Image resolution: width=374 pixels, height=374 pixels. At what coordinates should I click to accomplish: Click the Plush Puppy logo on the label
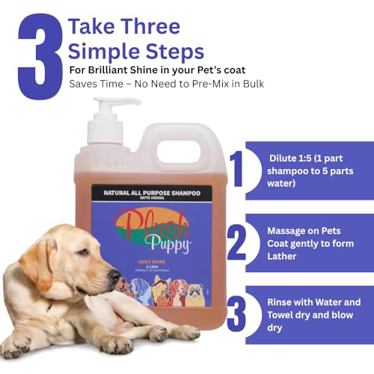click(144, 224)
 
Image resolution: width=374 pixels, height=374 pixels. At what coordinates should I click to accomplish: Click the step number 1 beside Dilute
click(238, 170)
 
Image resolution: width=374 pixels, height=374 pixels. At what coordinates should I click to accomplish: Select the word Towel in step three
click(281, 316)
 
